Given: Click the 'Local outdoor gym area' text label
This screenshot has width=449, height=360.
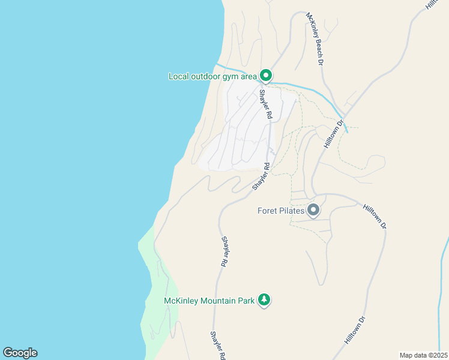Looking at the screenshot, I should point(212,76).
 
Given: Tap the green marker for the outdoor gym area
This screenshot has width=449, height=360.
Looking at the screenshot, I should point(266,76).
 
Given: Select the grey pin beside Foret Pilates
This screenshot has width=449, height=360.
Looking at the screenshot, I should point(313,211).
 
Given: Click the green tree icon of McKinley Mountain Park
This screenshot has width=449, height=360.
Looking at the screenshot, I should point(264,299).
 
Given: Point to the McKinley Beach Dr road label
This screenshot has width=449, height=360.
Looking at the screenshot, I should point(315,38).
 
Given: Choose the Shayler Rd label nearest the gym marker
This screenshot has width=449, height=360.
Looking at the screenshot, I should point(266,104).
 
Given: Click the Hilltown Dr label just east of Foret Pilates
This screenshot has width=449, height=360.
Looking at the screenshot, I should point(375,215).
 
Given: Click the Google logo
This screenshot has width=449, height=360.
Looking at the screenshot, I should point(20,353).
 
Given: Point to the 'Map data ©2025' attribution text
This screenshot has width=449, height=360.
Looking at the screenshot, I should point(423,355).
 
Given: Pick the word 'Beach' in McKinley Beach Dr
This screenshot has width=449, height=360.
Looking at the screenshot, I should point(316,40).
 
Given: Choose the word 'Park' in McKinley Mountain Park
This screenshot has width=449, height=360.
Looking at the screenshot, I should point(246,300).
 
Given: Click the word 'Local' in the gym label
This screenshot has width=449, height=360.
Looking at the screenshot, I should point(179,76).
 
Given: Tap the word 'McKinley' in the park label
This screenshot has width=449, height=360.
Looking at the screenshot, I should point(181,300).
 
